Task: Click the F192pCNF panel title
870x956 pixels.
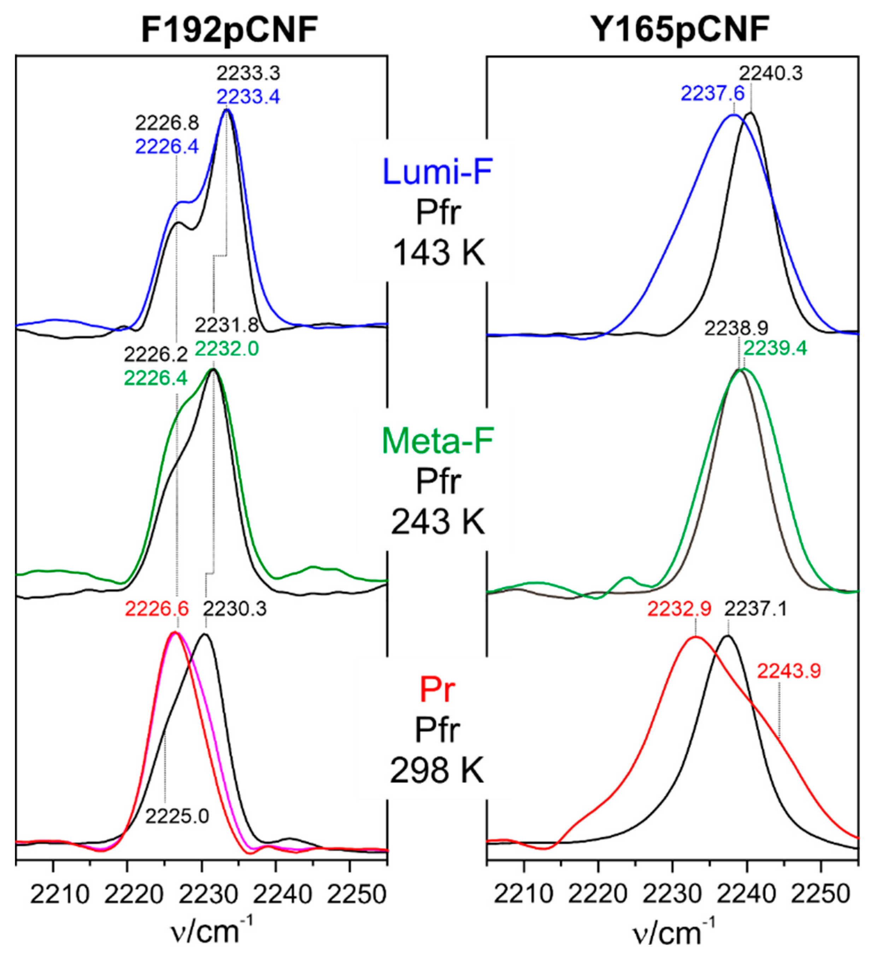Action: pos(229,32)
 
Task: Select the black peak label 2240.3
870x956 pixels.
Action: pos(771,73)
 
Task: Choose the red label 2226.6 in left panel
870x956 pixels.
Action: pos(157,608)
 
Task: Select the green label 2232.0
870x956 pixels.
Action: pos(227,349)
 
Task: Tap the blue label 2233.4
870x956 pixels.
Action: pos(248,97)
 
